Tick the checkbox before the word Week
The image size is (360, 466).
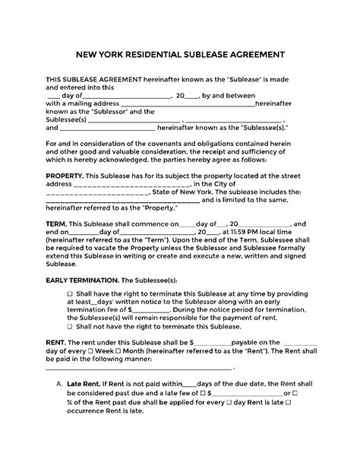(99, 352)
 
